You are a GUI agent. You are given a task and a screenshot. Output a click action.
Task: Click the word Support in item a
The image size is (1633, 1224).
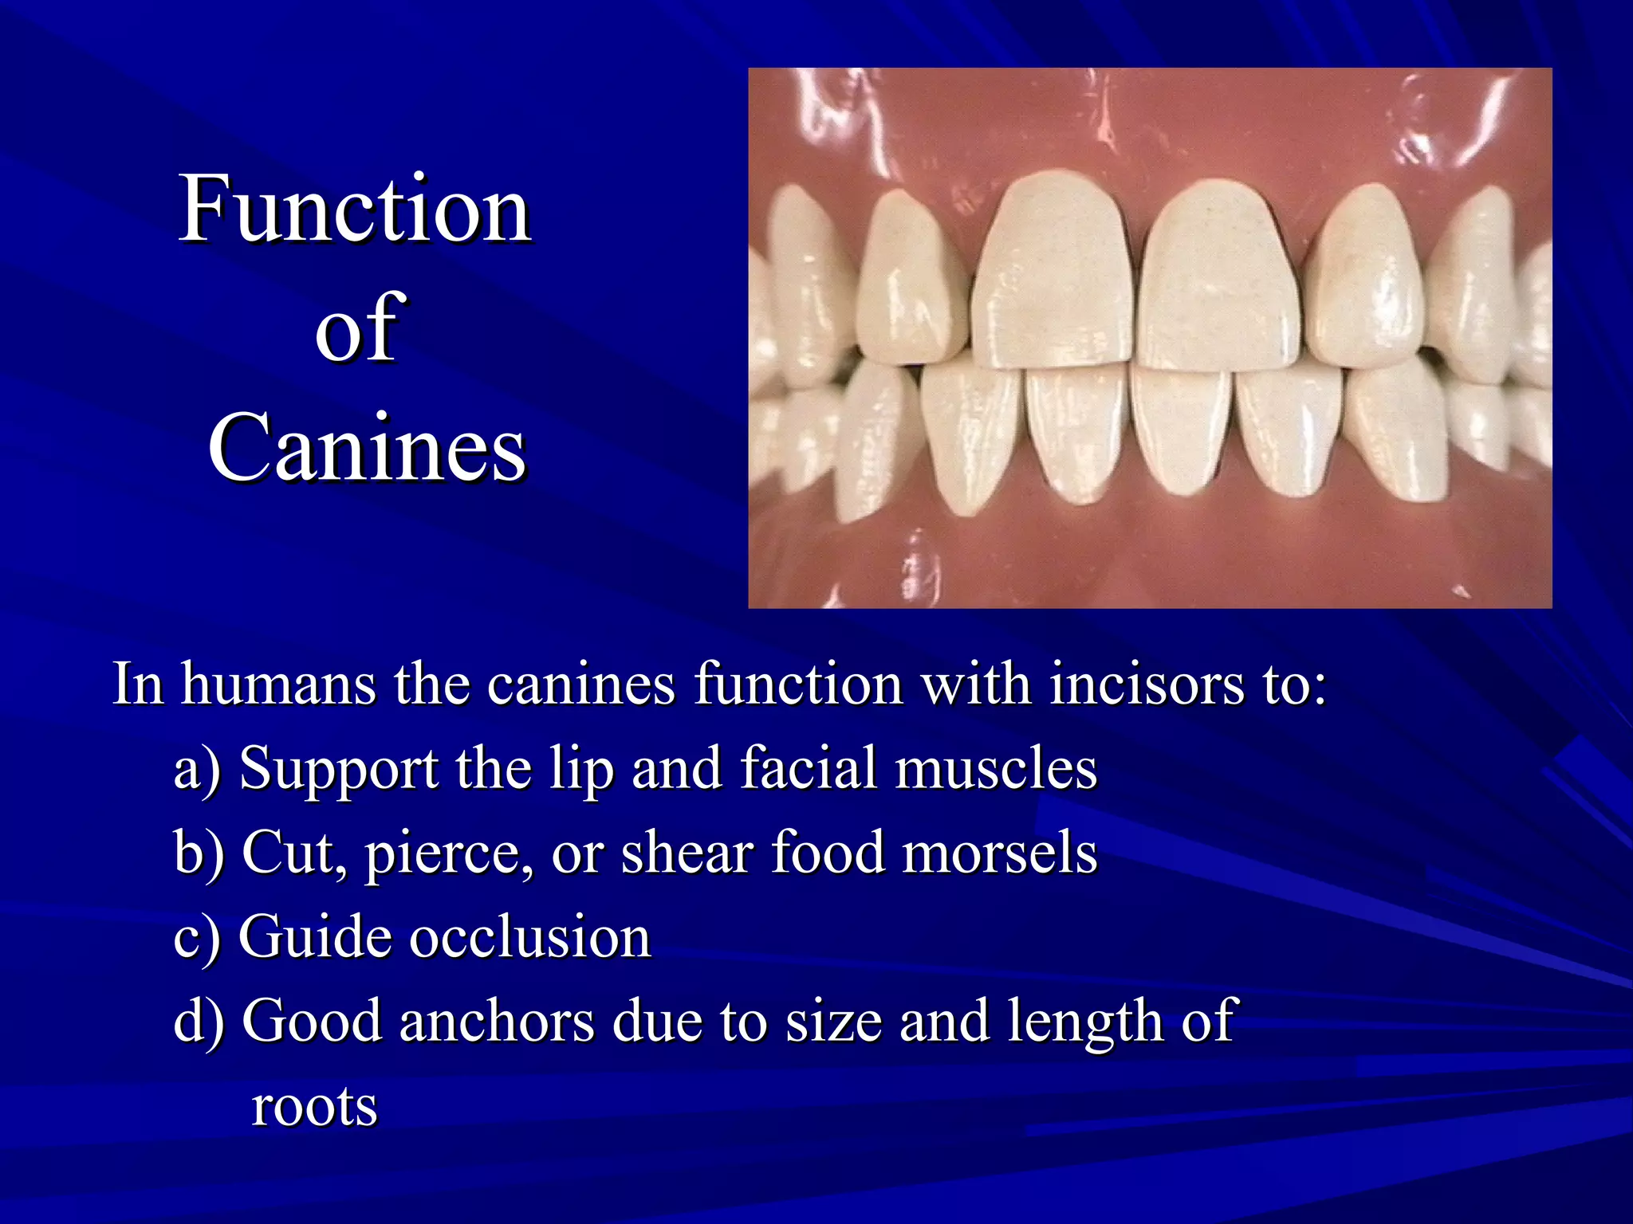(x=339, y=770)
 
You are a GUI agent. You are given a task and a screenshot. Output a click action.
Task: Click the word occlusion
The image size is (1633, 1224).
(x=530, y=937)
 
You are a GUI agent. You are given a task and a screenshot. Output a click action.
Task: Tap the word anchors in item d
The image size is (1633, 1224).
(x=497, y=1022)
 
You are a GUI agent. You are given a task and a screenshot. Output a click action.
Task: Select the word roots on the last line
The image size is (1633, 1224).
(x=314, y=1108)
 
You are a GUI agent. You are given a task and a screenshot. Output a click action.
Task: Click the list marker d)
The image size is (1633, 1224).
(x=199, y=1022)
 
